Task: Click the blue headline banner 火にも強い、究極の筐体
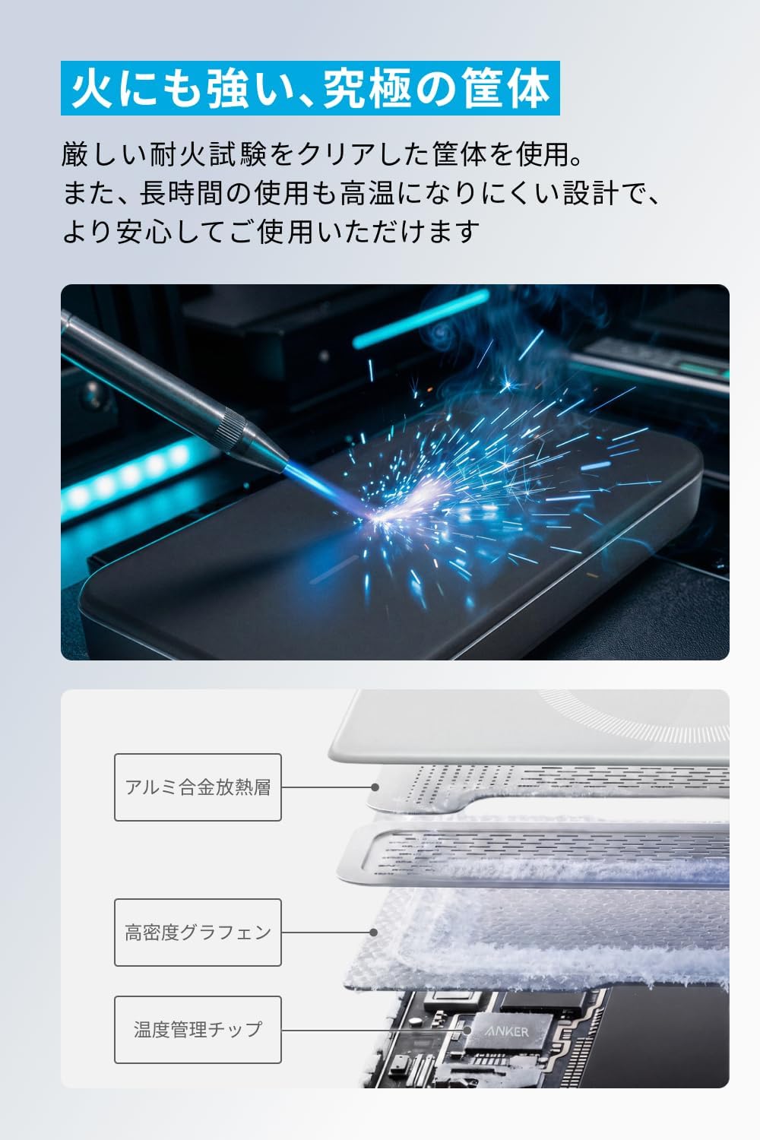(310, 88)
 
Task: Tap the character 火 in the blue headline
(92, 89)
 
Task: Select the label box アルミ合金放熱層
(198, 787)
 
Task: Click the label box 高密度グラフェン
(198, 933)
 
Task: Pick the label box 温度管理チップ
(198, 1030)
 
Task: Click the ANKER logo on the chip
(508, 1031)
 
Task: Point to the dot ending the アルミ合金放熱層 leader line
(375, 787)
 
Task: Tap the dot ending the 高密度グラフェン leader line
(374, 933)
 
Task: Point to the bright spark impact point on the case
(378, 518)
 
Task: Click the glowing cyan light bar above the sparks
(420, 319)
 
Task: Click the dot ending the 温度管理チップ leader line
(467, 1030)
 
